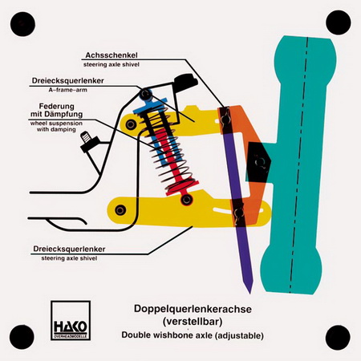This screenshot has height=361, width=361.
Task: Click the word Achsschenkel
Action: point(112,55)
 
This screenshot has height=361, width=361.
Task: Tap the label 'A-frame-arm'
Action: point(68,90)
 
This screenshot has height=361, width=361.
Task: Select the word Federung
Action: point(57,106)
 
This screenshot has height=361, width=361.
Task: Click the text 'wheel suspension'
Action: point(56,124)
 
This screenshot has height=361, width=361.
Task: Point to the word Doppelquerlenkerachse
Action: point(193,309)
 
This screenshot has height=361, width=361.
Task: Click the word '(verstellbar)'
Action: point(193,322)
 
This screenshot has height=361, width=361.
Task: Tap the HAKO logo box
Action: point(71,320)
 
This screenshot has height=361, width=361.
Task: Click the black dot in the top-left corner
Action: point(22,24)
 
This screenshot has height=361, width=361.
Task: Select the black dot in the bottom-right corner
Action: point(338,338)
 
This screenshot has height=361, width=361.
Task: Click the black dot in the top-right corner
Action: point(339,22)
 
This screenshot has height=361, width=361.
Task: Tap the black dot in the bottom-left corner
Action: point(22,337)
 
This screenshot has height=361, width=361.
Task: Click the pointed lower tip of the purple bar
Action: point(249,293)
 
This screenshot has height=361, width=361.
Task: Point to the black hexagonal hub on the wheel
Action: point(259,162)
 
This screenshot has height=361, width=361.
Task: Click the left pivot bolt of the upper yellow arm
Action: point(130,124)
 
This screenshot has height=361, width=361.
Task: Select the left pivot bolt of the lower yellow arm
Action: point(120,210)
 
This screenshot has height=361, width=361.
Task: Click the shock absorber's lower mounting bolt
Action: point(186,199)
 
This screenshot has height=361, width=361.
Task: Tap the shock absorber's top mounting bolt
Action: point(145,94)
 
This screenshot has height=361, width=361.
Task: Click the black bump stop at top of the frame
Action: point(186,82)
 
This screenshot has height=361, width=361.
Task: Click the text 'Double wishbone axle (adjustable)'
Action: point(193,335)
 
